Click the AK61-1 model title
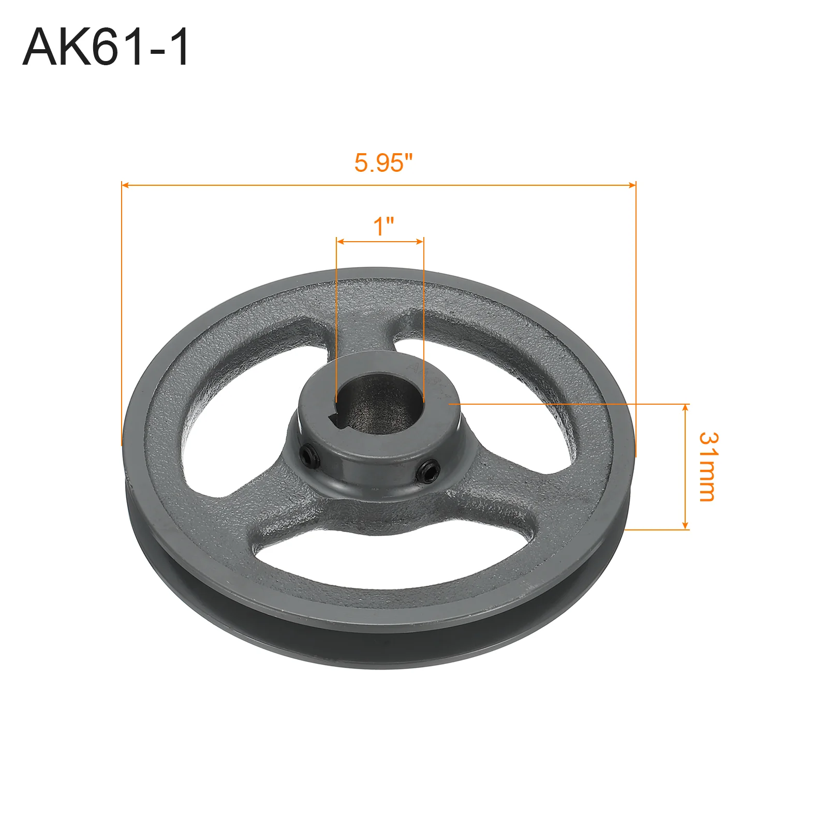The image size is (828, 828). point(106,47)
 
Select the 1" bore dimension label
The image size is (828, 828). point(383,226)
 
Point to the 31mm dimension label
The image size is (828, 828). point(708,467)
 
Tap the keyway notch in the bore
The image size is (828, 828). point(340,420)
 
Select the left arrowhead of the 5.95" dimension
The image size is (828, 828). point(125,185)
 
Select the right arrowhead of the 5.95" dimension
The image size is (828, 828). point(632,185)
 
